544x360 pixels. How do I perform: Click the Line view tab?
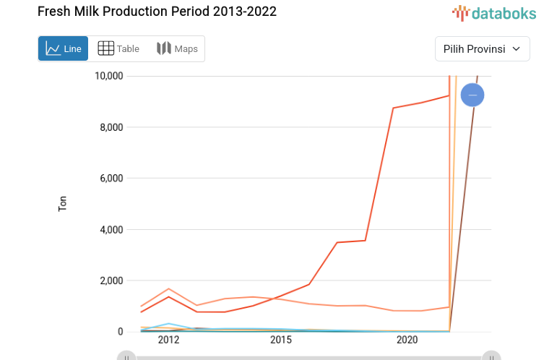[x=64, y=48]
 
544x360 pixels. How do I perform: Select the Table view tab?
[x=118, y=48]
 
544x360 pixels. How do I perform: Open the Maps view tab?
[x=177, y=48]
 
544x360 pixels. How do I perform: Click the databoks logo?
[x=494, y=12]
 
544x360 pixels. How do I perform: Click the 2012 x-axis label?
[x=168, y=340]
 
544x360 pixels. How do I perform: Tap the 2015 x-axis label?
[x=281, y=340]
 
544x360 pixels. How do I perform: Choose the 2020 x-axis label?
[x=407, y=340]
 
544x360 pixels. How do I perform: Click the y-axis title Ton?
[x=63, y=204]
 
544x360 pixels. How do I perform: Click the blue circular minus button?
[x=472, y=95]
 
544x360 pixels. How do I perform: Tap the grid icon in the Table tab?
[x=105, y=48]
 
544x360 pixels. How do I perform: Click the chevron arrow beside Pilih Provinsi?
[x=516, y=49]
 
